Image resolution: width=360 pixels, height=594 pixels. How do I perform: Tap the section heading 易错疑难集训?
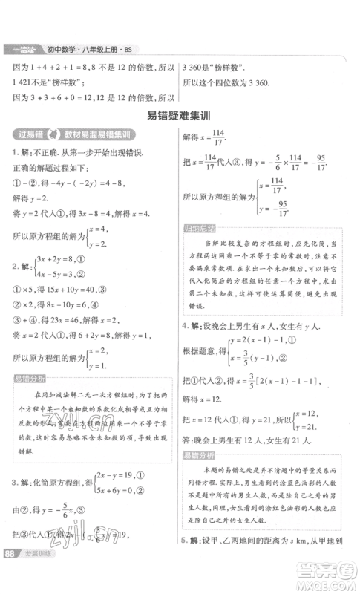click(x=180, y=114)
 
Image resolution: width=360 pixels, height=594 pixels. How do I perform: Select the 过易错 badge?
click(x=29, y=134)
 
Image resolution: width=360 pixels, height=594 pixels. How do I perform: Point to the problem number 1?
click(x=14, y=152)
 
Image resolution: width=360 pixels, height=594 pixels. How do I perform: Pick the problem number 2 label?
click(x=14, y=265)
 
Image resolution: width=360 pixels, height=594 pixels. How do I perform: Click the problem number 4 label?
click(x=186, y=325)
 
